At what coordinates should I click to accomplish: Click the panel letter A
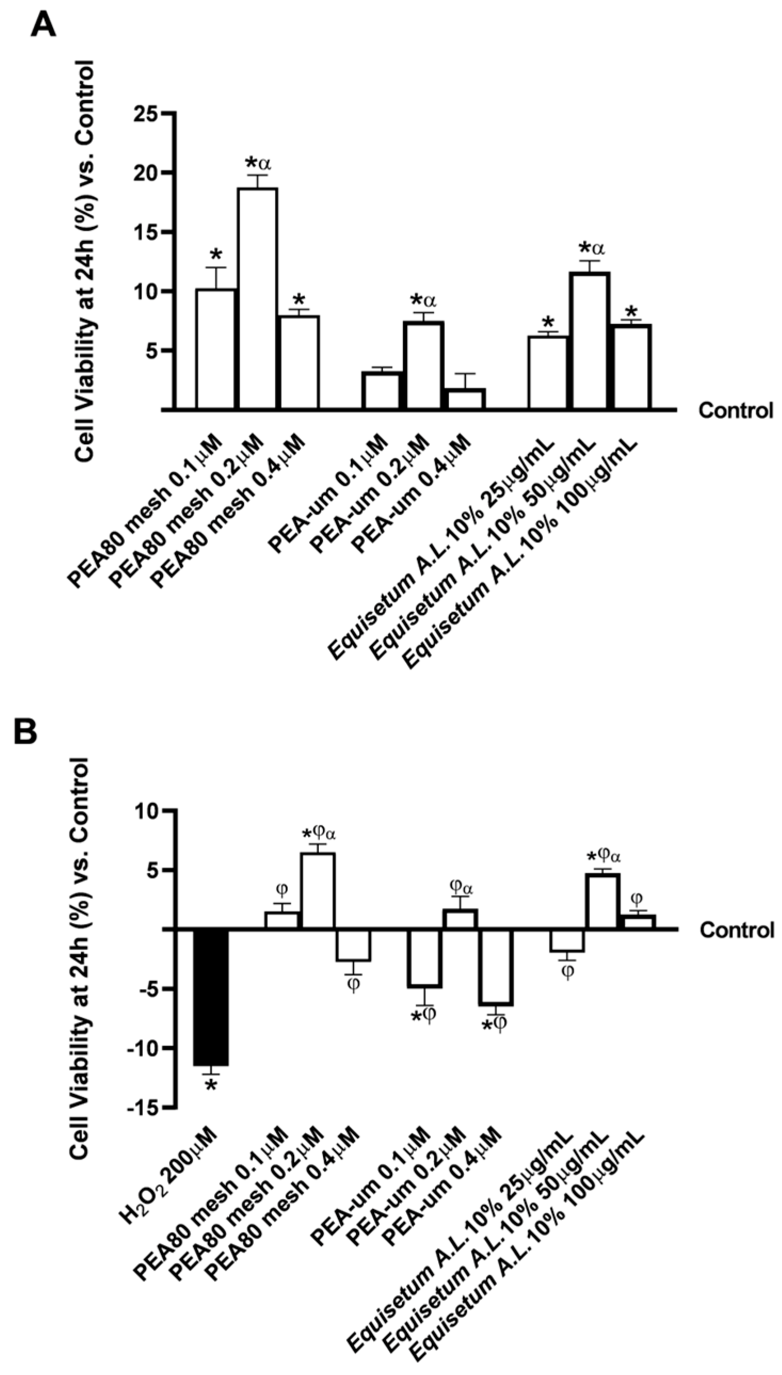[43, 26]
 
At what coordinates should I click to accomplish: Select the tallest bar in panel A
[258, 298]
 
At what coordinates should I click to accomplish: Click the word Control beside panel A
[735, 411]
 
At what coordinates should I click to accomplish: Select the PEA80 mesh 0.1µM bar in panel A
[216, 349]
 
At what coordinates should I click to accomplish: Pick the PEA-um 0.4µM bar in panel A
[466, 399]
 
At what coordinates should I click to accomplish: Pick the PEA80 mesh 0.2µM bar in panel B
[318, 890]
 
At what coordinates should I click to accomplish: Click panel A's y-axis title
[85, 261]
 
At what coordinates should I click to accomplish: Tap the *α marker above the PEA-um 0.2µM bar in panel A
[424, 300]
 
